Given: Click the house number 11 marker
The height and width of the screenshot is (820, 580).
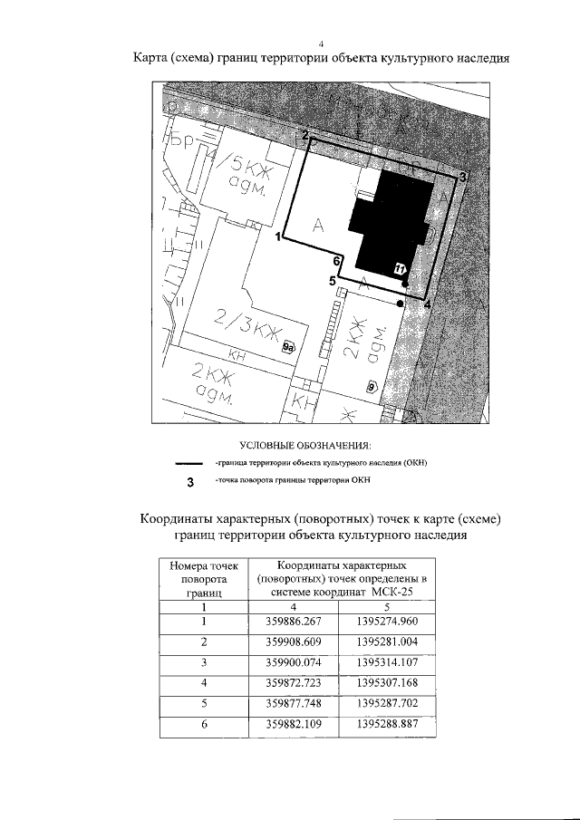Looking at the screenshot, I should [399, 268].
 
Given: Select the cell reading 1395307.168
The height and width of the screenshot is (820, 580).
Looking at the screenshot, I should [385, 682].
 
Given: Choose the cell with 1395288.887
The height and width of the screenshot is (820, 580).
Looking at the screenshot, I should [385, 724].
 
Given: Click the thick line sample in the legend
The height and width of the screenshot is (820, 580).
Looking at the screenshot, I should [190, 463].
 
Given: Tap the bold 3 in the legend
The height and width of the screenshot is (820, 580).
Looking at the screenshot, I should [190, 481].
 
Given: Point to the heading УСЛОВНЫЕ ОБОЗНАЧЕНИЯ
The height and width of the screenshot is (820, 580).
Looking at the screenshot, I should [305, 445].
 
